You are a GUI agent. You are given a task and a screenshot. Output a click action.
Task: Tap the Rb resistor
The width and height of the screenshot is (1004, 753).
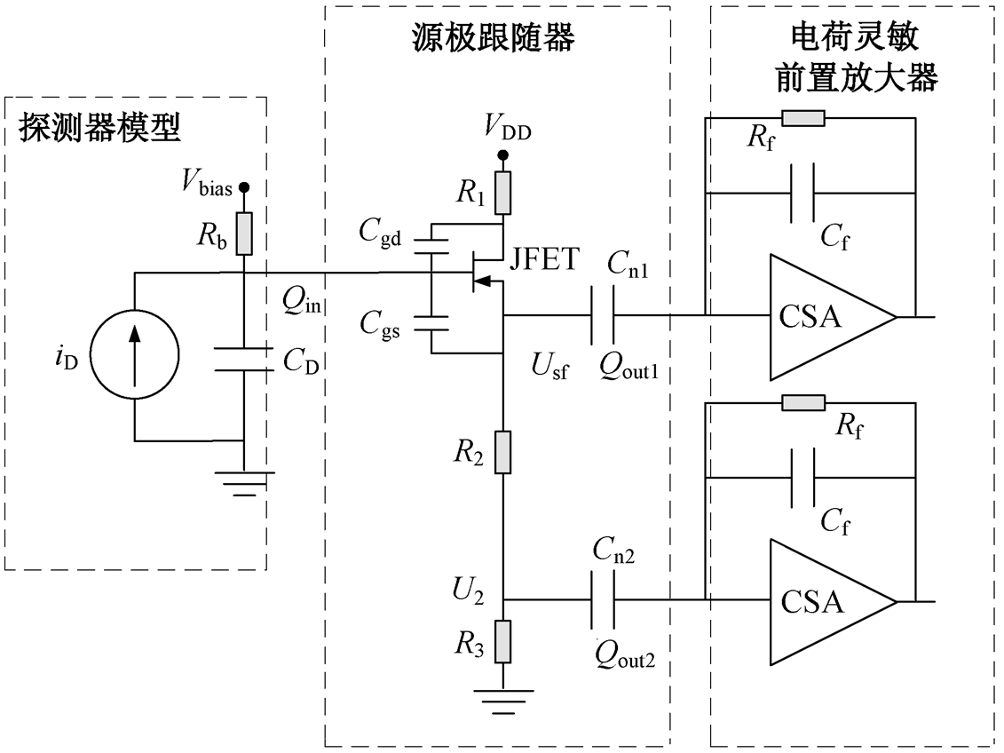(x=244, y=233)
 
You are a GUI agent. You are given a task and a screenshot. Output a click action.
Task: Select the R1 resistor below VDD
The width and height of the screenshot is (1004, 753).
(x=503, y=193)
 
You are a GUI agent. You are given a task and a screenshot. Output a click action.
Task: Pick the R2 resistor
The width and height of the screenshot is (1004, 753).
(x=503, y=452)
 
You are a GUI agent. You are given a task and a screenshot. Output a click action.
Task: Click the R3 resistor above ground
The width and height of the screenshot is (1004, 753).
(x=503, y=642)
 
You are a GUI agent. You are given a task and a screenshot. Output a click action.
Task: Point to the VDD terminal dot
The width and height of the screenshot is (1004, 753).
(x=503, y=155)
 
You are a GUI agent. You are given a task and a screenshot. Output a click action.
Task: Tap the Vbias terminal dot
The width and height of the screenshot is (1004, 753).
(x=244, y=187)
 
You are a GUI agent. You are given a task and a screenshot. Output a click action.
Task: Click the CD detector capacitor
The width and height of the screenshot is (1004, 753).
(x=244, y=360)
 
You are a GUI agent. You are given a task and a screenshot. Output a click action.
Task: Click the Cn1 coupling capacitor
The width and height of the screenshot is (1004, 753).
(x=602, y=315)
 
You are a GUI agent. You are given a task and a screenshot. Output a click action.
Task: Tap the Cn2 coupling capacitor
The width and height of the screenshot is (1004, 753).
(x=602, y=600)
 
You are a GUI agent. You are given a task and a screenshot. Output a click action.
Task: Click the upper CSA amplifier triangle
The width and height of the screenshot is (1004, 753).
(x=833, y=316)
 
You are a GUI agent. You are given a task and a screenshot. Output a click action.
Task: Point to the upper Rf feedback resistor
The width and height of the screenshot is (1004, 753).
(x=803, y=118)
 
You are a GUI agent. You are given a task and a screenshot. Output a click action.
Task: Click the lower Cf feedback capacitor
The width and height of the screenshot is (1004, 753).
(x=803, y=478)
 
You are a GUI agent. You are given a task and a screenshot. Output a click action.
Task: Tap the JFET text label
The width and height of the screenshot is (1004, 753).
(x=544, y=259)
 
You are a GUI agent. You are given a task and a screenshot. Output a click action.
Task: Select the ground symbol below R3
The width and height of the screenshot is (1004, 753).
(x=503, y=701)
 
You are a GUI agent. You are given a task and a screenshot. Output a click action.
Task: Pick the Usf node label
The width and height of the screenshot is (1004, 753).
(x=549, y=367)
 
